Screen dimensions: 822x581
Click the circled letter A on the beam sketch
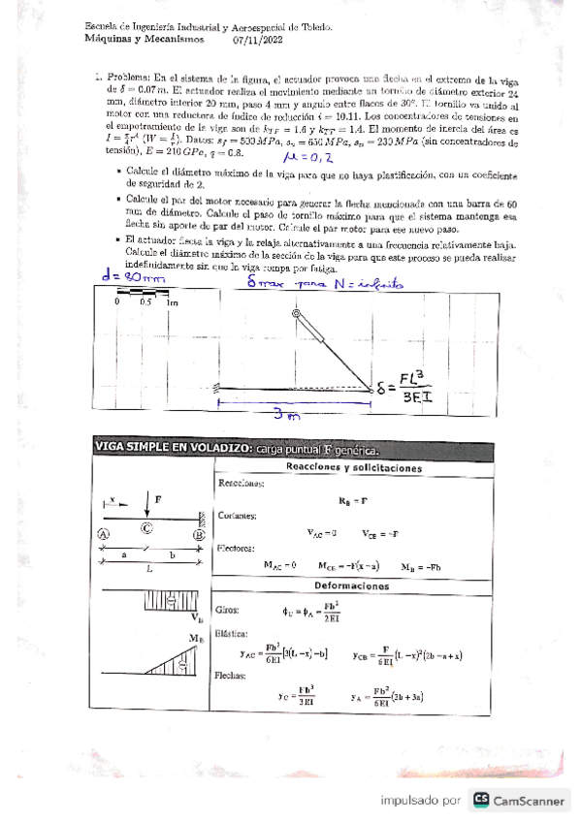(104, 533)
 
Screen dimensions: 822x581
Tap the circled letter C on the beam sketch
(146, 527)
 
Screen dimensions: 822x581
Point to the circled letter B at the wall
(199, 533)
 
